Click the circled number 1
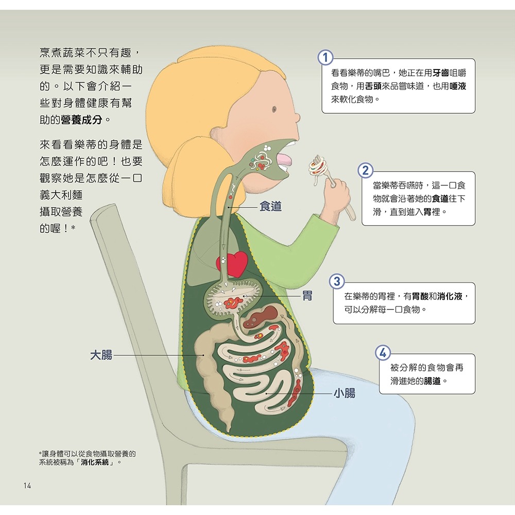(325, 58)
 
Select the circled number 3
(337, 282)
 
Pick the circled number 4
(382, 353)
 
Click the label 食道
(270, 207)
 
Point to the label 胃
(307, 296)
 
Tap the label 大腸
(101, 355)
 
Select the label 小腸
(344, 394)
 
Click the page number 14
(27, 486)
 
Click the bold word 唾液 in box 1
(458, 87)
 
